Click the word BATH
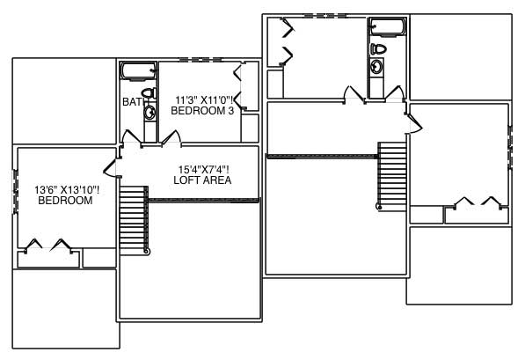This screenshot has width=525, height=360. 132,102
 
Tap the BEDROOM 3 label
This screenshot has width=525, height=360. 201,111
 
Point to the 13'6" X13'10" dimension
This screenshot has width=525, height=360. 67,189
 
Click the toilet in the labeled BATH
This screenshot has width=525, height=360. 149,92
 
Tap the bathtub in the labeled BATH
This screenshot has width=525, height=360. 138,71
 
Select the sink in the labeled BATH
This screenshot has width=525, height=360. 149,114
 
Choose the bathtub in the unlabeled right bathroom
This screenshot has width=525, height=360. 383,26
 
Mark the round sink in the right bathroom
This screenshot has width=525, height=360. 376,66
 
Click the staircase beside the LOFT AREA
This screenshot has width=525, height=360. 132,220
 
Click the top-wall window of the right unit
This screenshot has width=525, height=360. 325,15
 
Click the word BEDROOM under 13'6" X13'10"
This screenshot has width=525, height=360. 65,201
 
